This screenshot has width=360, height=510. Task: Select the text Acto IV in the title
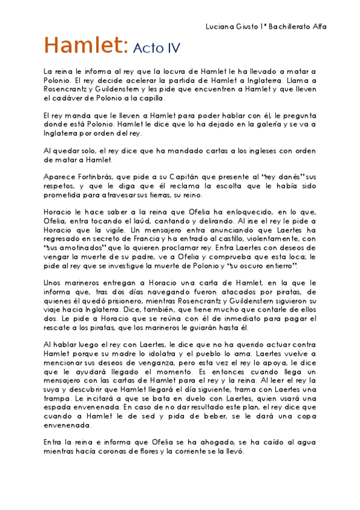tap(156, 48)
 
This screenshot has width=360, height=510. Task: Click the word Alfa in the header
tap(322, 27)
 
